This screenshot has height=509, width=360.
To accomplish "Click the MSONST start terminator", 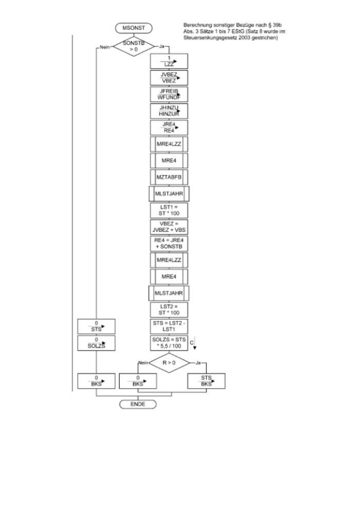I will coord(133,27).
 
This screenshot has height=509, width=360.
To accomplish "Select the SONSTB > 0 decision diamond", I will coord(133,46).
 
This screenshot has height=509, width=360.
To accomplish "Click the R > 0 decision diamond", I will coord(169,363).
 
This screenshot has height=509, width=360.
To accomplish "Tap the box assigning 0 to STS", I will coord(97,326).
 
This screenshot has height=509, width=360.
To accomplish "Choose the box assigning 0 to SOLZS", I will coord(97,342).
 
